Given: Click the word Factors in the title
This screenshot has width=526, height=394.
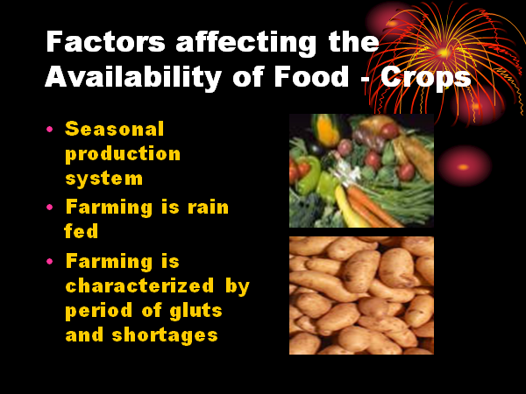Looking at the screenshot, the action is click(105, 41).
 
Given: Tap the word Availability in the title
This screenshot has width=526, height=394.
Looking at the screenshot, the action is click(133, 78).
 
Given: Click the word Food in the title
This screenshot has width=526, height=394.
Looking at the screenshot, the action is click(311, 76).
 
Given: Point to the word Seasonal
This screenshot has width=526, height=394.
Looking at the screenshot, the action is click(114, 129).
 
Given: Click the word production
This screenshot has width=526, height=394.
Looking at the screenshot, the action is click(123, 154).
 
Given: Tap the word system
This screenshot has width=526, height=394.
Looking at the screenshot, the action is click(104, 179).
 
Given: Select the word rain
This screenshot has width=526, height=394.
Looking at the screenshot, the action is click(208, 207).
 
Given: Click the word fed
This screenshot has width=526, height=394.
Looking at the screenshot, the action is click(82, 230).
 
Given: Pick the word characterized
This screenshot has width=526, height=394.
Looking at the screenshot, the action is click(139, 285).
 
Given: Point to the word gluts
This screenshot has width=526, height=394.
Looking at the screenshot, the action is click(195, 310).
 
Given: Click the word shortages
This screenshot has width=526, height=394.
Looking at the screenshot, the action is click(165, 335).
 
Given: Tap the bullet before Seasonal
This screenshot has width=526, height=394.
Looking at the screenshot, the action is click(50, 129).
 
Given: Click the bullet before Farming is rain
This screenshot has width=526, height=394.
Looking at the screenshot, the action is click(50, 207).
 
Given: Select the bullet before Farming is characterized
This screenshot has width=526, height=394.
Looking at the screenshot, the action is click(50, 261).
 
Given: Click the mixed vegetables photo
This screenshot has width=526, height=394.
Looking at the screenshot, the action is click(361, 171).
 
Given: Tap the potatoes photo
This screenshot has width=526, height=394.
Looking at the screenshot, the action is click(361, 296).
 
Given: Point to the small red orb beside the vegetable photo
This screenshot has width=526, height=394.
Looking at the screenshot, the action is click(464, 166).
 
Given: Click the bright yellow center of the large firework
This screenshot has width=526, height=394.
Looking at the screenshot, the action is click(444, 53).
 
